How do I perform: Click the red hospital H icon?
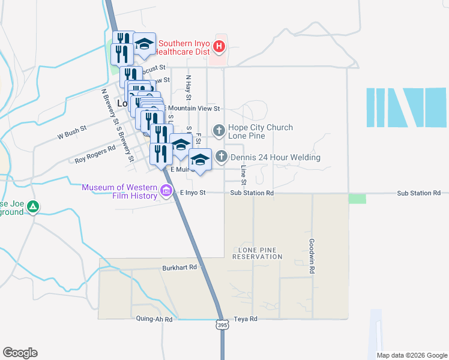220,46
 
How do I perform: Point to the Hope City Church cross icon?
219,129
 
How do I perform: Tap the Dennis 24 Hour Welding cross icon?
221,157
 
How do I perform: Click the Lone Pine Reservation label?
260,253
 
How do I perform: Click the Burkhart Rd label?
179,268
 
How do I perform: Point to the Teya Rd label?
246,319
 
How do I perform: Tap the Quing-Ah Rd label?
154,319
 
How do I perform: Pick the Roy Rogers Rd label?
95,154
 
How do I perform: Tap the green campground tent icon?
34,208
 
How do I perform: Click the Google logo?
20,353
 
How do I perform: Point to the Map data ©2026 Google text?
411,355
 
